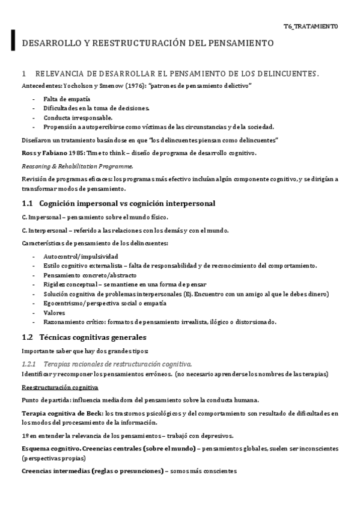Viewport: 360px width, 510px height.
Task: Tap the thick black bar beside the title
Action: coord(13,39)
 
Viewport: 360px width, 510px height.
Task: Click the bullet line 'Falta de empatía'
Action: coord(67,98)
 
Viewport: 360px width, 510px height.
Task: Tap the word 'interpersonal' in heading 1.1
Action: coord(188,203)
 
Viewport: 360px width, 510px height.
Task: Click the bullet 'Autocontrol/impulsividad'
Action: coord(80,256)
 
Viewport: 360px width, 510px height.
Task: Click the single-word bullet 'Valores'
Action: coord(55,313)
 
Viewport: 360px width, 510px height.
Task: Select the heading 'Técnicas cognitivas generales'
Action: coord(93,337)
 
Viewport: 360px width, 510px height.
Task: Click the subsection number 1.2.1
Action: coord(29,364)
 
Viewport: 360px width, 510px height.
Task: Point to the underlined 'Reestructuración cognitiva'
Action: coord(60,387)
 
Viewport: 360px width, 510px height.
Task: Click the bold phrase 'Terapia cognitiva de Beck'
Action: coord(61,413)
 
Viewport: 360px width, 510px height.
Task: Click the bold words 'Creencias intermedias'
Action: coord(55,472)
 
